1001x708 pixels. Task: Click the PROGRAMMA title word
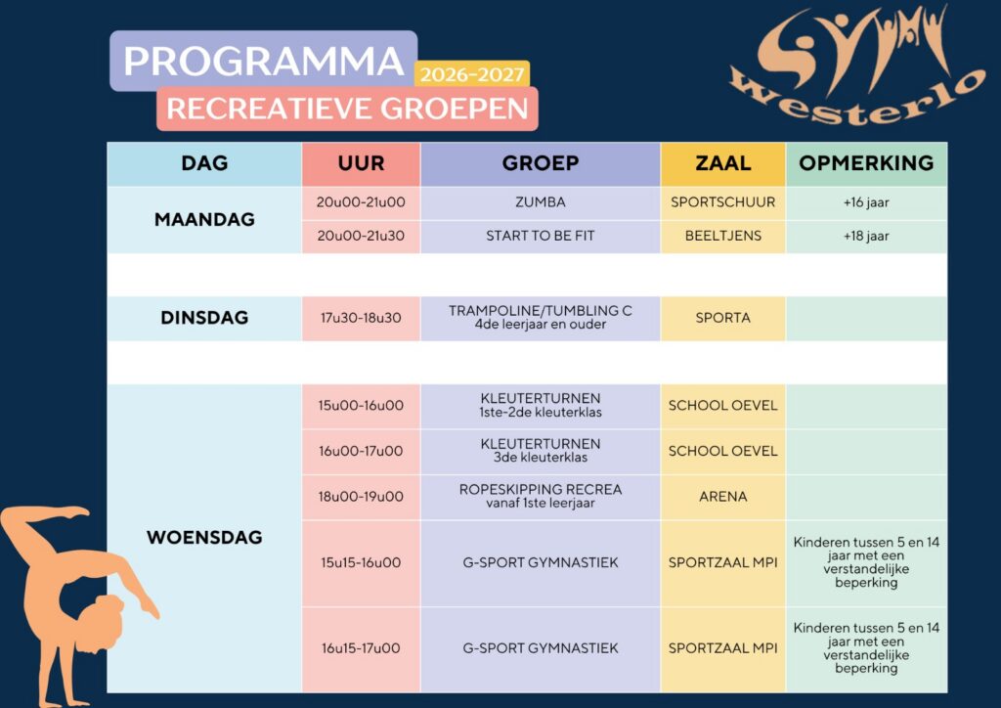[263, 62]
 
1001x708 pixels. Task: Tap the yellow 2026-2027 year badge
[472, 74]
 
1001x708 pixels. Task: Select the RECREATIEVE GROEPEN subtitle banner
[347, 109]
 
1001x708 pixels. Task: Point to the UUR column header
[362, 163]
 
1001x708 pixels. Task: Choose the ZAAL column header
[722, 163]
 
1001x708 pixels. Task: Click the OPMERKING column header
[866, 163]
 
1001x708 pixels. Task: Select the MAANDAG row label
[204, 220]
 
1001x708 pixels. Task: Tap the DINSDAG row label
[204, 317]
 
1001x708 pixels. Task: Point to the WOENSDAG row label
[204, 538]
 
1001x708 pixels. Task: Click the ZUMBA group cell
[540, 202]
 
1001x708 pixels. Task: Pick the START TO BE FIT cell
[540, 237]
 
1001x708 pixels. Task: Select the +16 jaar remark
[866, 202]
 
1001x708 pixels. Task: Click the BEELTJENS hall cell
[722, 237]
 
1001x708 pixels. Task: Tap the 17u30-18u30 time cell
[362, 318]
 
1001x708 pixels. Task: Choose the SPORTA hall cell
[722, 318]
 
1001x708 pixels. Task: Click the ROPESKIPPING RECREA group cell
[540, 497]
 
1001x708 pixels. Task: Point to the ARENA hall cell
[722, 497]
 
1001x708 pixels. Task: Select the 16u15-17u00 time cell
[362, 648]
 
